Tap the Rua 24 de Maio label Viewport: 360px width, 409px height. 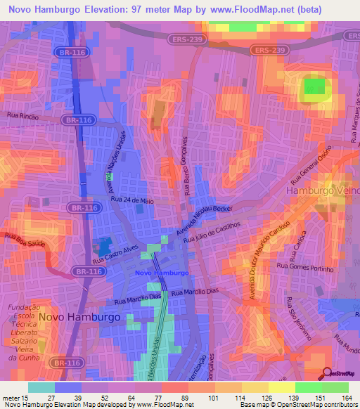(133, 200)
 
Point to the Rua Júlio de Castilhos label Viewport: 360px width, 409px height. (212, 235)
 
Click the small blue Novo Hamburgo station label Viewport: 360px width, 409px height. (161, 273)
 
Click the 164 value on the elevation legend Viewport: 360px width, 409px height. (346, 397)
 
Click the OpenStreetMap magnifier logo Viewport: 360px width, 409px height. (327, 372)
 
